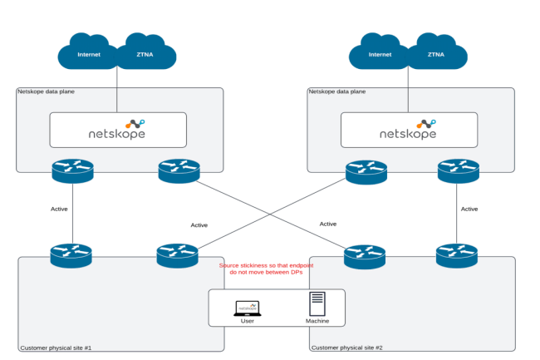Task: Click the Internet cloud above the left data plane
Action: (x=89, y=54)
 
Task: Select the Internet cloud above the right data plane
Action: (x=380, y=54)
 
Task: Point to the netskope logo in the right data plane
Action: (x=409, y=130)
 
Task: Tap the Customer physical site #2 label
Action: (x=346, y=346)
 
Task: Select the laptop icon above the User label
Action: (x=248, y=308)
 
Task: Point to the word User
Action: (x=248, y=321)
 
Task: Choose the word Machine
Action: (x=317, y=321)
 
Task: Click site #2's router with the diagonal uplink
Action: (x=365, y=254)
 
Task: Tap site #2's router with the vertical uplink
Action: (x=457, y=254)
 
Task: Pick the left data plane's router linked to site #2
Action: (x=179, y=170)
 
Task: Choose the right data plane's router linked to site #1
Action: (x=366, y=170)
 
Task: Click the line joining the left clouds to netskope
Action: (x=117, y=90)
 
